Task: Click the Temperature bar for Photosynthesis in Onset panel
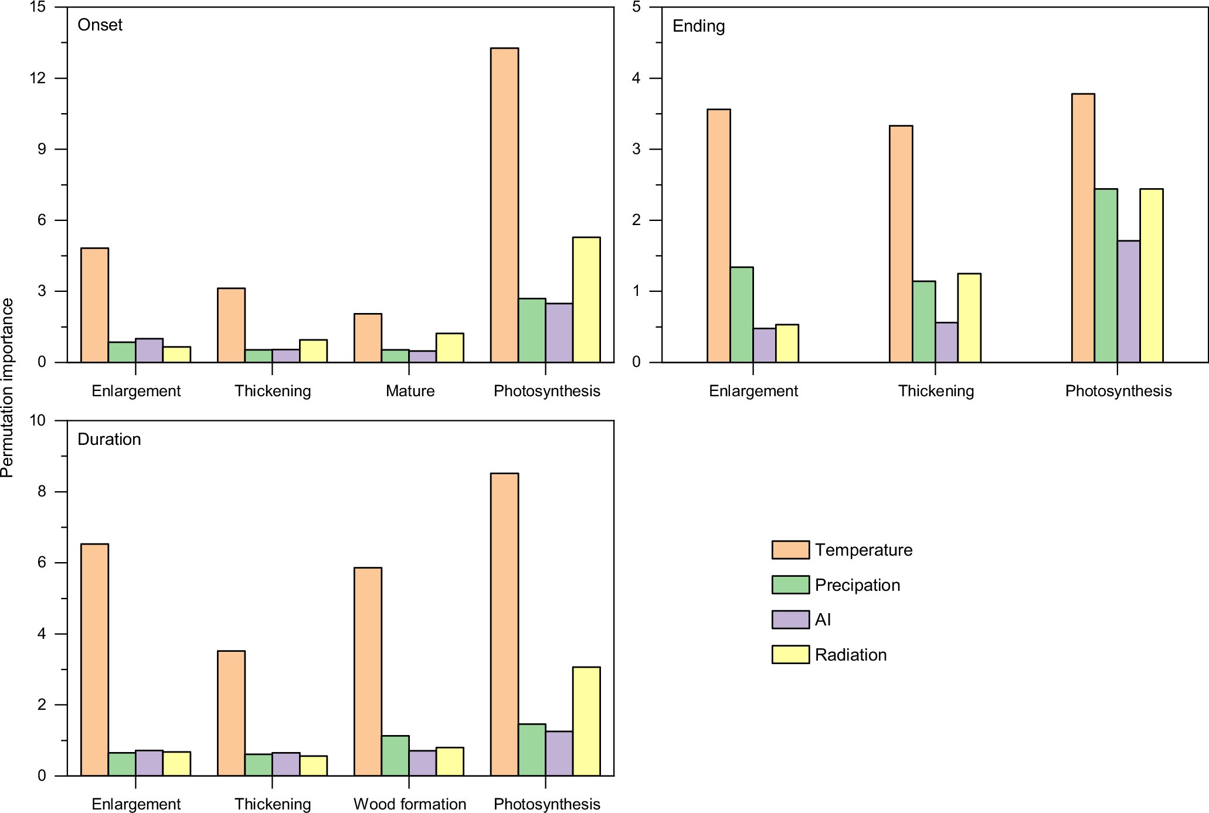pos(504,205)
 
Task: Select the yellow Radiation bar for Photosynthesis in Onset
pos(586,300)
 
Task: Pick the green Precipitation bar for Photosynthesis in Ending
pos(1106,275)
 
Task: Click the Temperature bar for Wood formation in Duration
pos(368,671)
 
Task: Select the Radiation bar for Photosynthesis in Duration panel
pos(586,721)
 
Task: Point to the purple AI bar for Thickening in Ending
pos(946,342)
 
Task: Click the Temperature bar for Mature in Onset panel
pos(368,338)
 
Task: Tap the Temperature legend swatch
pos(790,550)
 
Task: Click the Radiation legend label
pos(851,655)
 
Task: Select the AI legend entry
pos(823,620)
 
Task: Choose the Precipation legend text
pos(857,585)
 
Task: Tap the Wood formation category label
pos(410,804)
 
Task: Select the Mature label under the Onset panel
pos(410,391)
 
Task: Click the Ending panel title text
pos(698,26)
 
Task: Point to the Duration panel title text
pos(109,440)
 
